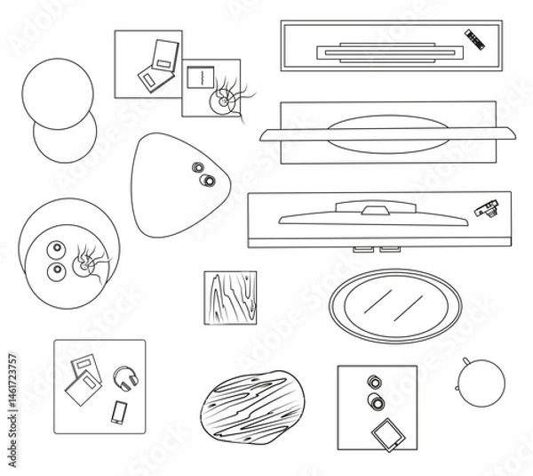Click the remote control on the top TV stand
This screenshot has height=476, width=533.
(475, 38)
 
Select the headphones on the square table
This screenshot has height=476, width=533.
(127, 378)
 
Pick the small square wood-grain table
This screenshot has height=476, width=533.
(229, 298)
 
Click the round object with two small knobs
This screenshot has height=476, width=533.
(481, 382)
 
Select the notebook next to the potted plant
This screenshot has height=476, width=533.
(199, 76)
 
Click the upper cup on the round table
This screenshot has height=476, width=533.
(56, 249)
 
